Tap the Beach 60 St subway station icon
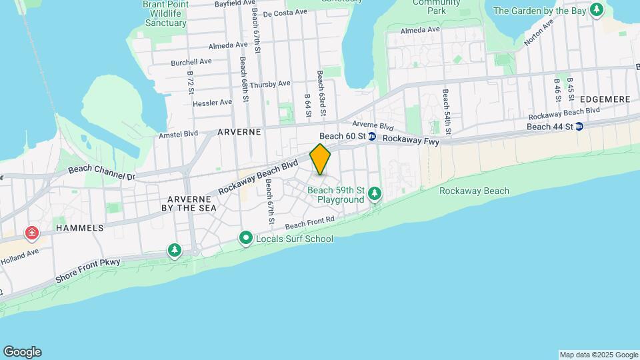point(372,137)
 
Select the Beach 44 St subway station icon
point(579,126)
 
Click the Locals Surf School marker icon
point(245,239)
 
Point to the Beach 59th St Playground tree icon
point(375,193)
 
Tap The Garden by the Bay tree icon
point(597,11)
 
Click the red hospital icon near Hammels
point(31,233)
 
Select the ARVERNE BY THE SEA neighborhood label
point(192,204)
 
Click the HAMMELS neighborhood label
point(80,227)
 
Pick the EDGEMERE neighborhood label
point(605,99)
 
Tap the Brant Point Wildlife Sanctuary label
point(165,13)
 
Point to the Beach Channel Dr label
point(101,173)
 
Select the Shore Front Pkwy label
point(88,271)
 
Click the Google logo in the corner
point(22,352)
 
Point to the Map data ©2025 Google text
point(599,355)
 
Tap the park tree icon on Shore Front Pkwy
point(175,250)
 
